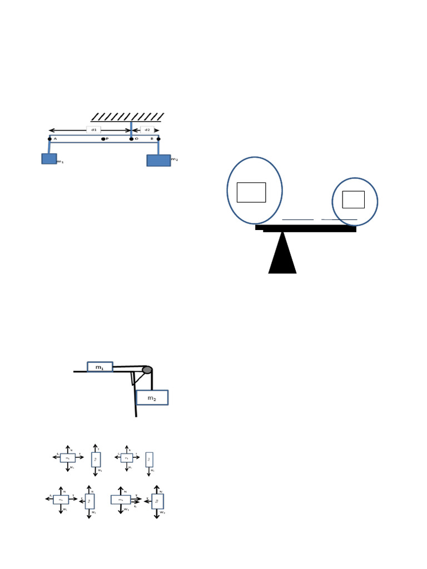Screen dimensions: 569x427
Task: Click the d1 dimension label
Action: tap(93, 130)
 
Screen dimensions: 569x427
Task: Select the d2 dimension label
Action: tap(147, 130)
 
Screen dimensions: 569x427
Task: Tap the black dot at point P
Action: tap(103, 139)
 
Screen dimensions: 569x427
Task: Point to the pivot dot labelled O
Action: tap(131, 139)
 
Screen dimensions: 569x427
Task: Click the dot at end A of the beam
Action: tap(49, 139)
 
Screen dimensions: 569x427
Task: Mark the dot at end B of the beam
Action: tap(158, 139)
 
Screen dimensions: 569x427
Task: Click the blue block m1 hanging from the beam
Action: tap(49, 159)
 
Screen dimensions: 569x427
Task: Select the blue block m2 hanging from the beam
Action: tap(158, 161)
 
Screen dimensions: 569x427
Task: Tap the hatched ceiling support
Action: tap(127, 117)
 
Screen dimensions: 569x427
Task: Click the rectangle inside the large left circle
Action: tap(251, 192)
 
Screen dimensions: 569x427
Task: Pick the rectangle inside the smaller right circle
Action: tap(353, 199)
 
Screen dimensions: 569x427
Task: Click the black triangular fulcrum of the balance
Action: tap(282, 256)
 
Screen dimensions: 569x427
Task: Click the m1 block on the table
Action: tap(100, 367)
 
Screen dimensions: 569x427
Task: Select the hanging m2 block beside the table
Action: tap(152, 398)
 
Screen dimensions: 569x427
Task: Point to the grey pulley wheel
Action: tap(147, 370)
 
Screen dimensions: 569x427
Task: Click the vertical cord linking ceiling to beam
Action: tap(131, 129)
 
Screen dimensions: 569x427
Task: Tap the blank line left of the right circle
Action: tap(298, 220)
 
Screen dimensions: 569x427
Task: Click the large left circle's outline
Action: tap(227, 191)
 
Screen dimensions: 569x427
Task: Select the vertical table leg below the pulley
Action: tap(136, 403)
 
